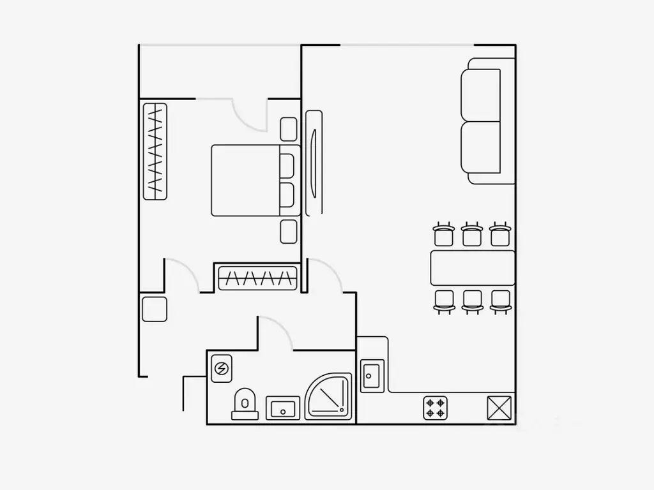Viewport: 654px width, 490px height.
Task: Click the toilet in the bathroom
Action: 243,404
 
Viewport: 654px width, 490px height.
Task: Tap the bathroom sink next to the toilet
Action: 282,406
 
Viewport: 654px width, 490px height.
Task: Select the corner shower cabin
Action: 328,397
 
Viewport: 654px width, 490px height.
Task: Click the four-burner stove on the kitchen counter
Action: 436,407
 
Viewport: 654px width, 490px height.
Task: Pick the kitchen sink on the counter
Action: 371,376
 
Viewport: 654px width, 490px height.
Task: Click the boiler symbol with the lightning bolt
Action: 221,368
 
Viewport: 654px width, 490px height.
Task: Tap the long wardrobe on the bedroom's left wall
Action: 155,151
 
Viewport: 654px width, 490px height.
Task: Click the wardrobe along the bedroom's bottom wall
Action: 259,278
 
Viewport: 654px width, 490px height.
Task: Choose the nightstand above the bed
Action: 289,129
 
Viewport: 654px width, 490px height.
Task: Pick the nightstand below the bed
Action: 289,231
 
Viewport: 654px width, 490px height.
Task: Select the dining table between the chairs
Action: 473,267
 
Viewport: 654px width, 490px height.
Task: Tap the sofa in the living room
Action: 487,121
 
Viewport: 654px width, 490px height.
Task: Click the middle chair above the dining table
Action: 471,234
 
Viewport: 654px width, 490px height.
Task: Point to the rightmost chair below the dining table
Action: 501,300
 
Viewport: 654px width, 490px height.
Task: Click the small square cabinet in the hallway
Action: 155,309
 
